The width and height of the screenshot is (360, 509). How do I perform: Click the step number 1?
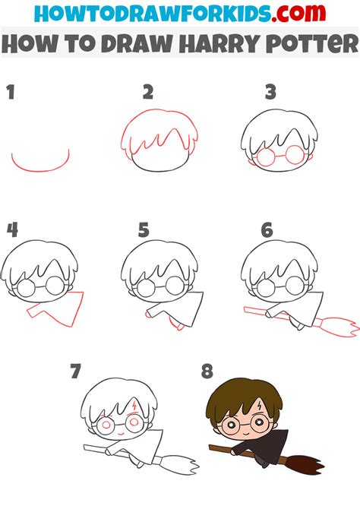(x=11, y=93)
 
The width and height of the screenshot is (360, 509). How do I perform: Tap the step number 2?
(x=148, y=93)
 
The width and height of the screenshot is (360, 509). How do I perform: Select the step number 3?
(x=270, y=93)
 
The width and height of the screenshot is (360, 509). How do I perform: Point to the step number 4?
(x=12, y=230)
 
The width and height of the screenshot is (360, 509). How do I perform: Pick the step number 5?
(x=144, y=230)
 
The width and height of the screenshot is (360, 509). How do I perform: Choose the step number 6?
(x=266, y=230)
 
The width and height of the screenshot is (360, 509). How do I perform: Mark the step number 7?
(x=75, y=371)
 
